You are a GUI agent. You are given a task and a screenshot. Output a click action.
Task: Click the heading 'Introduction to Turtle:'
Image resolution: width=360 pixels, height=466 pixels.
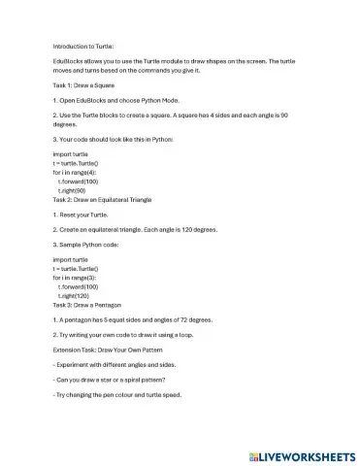click(x=83, y=46)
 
